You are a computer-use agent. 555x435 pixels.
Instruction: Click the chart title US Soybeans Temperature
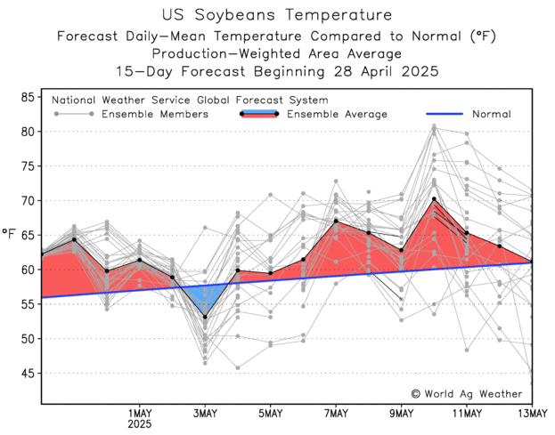(277, 15)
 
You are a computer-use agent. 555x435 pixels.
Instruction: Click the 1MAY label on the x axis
(138, 413)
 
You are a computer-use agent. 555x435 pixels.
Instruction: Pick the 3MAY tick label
(205, 413)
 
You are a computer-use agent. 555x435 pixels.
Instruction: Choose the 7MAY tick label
(336, 413)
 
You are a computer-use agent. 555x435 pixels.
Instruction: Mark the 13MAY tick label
(532, 413)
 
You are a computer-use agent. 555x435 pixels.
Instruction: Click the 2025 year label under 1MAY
(138, 425)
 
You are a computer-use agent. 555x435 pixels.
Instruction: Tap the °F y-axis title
(10, 234)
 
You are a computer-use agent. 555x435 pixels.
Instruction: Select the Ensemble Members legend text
(155, 114)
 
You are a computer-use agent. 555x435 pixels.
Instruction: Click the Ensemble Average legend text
(337, 114)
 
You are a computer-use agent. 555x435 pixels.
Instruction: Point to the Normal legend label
(491, 114)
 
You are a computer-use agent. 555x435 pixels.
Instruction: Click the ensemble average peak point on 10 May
(434, 199)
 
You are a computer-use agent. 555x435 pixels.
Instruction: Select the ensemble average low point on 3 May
(205, 317)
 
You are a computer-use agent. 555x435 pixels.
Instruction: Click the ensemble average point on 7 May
(336, 222)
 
